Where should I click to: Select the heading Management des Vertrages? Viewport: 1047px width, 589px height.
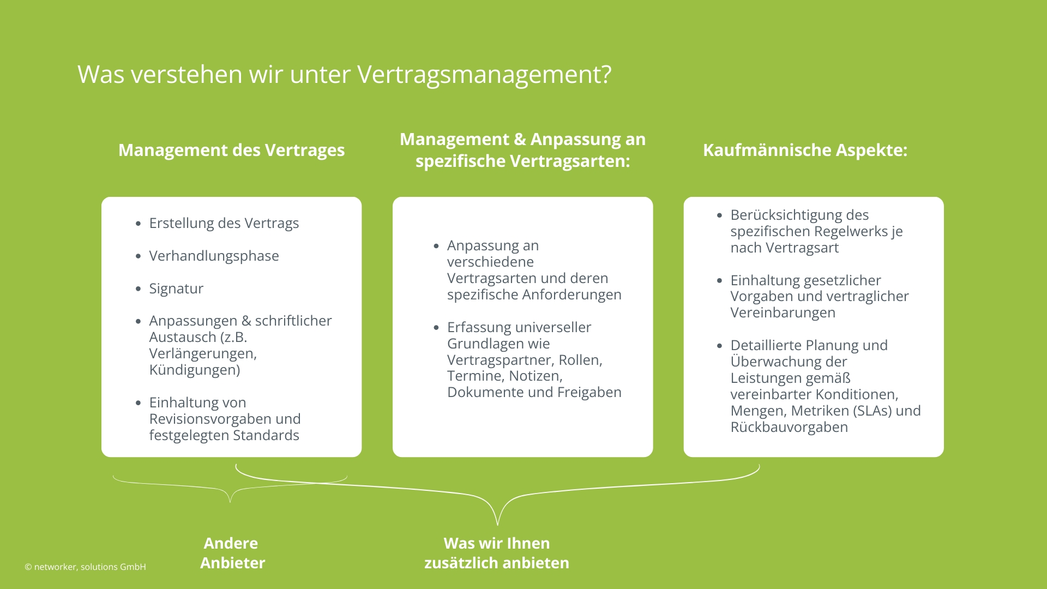(231, 150)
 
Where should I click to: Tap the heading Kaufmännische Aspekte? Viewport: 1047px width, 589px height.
(805, 150)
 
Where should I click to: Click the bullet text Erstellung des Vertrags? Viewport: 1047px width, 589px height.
(224, 223)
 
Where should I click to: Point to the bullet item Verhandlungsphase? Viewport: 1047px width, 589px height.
(214, 256)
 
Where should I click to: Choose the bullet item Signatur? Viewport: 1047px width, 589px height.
(176, 289)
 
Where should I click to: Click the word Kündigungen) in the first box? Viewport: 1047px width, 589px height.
(195, 370)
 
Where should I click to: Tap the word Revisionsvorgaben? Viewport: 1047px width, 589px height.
(210, 419)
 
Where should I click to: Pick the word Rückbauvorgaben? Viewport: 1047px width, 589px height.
(789, 427)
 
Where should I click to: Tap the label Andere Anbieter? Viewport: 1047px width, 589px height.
(232, 552)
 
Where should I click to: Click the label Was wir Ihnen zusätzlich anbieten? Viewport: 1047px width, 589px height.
(496, 552)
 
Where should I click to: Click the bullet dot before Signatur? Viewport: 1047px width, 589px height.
(138, 289)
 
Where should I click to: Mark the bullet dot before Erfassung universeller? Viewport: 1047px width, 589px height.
(436, 327)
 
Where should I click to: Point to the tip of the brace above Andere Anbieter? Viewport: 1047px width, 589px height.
(230, 501)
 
